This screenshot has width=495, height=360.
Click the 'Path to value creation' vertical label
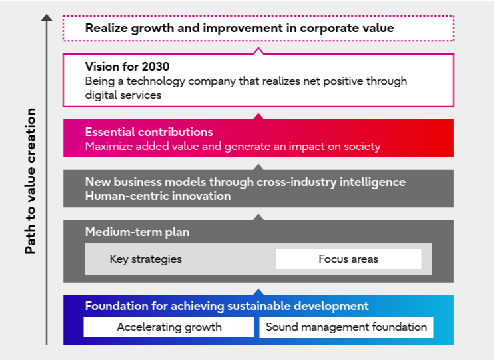[x=31, y=181]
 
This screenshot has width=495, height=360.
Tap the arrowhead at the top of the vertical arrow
[x=47, y=17]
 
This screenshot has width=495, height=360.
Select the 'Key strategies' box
[x=145, y=259]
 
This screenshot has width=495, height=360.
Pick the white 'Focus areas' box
[x=348, y=259]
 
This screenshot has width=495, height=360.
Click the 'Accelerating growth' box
[x=169, y=327]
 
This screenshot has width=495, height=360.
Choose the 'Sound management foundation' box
[x=346, y=327]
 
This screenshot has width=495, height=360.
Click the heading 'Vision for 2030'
[x=127, y=67]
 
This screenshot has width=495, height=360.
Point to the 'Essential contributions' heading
[x=149, y=132]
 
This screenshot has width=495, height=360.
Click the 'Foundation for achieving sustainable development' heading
[x=227, y=307]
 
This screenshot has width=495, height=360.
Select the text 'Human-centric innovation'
[x=158, y=196]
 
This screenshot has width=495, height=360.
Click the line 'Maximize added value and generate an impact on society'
[x=233, y=147]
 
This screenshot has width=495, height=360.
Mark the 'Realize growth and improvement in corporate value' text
[x=239, y=28]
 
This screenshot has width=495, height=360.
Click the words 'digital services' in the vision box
[x=123, y=95]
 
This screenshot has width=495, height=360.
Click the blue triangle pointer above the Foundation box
[x=258, y=292]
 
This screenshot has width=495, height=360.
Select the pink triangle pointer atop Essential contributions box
[x=258, y=116]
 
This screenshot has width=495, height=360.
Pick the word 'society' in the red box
[x=361, y=147]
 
